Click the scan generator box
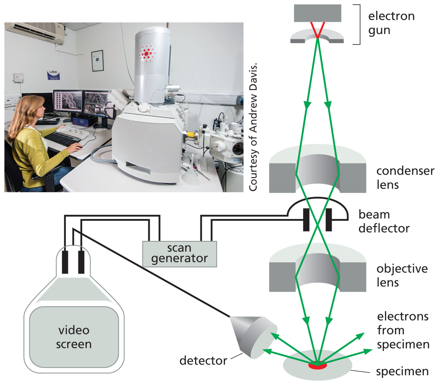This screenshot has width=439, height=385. [179, 253]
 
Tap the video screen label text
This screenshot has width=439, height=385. [74, 337]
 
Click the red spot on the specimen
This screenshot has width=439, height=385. [317, 365]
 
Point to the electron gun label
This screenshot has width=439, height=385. [391, 23]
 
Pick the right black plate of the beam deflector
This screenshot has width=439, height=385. [328, 219]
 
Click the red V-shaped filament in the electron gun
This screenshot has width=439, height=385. [317, 30]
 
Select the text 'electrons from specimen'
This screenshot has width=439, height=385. [403, 330]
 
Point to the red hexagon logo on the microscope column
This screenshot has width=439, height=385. [147, 54]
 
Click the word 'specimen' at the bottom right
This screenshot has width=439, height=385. [402, 371]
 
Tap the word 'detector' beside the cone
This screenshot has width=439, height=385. [203, 360]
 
